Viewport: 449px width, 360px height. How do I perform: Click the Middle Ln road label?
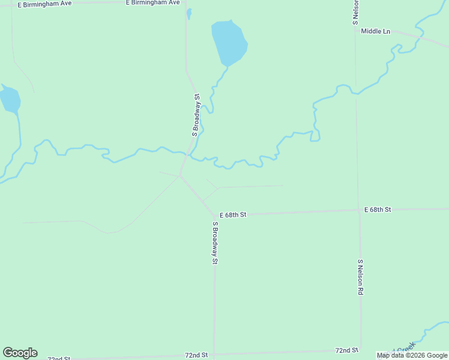[375, 31]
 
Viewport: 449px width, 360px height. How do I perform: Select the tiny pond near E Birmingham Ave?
[189, 13]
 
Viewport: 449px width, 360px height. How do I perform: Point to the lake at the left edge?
[10, 99]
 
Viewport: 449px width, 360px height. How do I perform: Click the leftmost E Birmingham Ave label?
[44, 4]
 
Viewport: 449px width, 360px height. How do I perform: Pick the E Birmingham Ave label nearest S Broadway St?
[153, 3]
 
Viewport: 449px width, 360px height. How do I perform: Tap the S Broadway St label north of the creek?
[196, 114]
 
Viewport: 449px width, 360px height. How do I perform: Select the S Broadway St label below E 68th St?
[214, 243]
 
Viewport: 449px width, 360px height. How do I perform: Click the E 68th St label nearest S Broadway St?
[233, 214]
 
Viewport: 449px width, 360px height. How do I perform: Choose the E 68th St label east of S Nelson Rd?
[378, 209]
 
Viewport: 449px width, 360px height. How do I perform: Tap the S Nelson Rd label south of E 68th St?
[360, 277]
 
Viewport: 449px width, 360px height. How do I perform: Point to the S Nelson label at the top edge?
[355, 12]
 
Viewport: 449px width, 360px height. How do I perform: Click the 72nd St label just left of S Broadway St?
[196, 355]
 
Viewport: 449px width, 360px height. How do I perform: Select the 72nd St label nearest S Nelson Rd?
[346, 350]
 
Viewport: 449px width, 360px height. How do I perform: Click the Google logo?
[20, 353]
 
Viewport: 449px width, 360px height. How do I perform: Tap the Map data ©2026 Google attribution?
[412, 355]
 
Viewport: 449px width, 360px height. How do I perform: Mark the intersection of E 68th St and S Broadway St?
[214, 215]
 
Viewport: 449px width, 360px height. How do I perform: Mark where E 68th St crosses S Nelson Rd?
[359, 210]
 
